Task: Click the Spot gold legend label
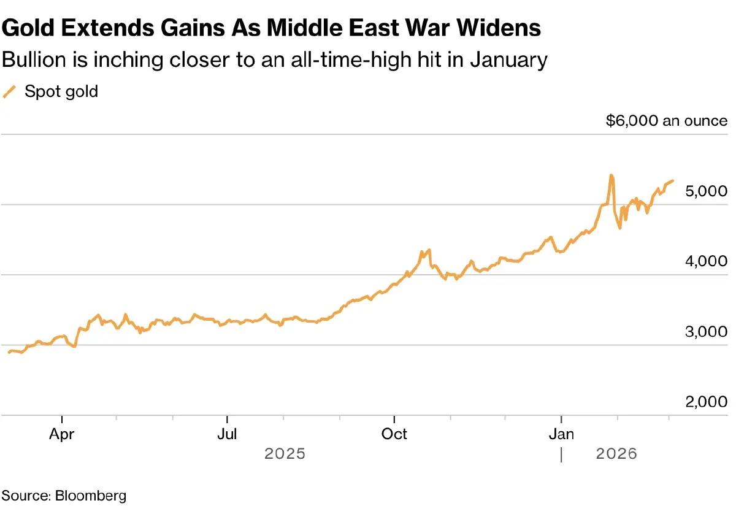pos(61,92)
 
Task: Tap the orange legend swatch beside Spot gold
pos(9,92)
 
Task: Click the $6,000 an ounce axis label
pos(666,121)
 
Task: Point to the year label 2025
pos(285,454)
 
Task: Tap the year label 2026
pos(616,454)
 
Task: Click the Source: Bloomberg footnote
pos(64,495)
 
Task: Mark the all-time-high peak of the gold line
pos(611,175)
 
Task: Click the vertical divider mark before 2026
pos(561,455)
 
